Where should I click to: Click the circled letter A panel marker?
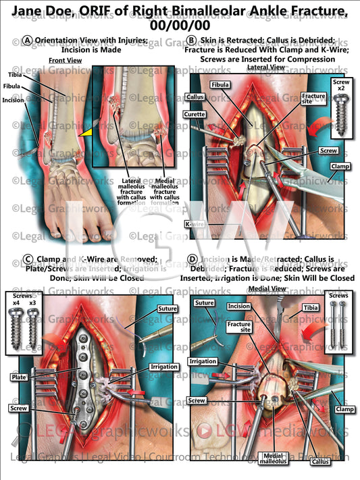(27, 41)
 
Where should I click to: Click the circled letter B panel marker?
(192, 41)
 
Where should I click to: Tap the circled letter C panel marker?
(28, 259)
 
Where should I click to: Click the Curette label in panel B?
(196, 115)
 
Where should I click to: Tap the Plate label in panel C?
(19, 376)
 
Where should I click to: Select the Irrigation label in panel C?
(163, 367)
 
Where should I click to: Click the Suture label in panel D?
(205, 305)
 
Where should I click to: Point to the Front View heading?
(66, 61)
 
